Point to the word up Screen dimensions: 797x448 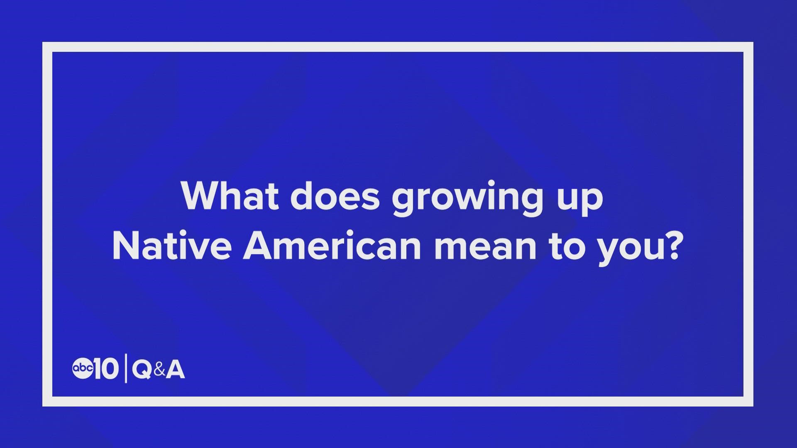[x=579, y=201]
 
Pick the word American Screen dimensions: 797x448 [x=332, y=246]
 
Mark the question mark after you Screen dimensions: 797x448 [x=669, y=246]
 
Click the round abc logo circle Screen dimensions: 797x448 [x=83, y=368]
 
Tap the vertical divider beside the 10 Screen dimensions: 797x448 [x=126, y=369]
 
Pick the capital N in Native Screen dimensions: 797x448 [x=126, y=246]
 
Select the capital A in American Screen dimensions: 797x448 [x=257, y=246]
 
